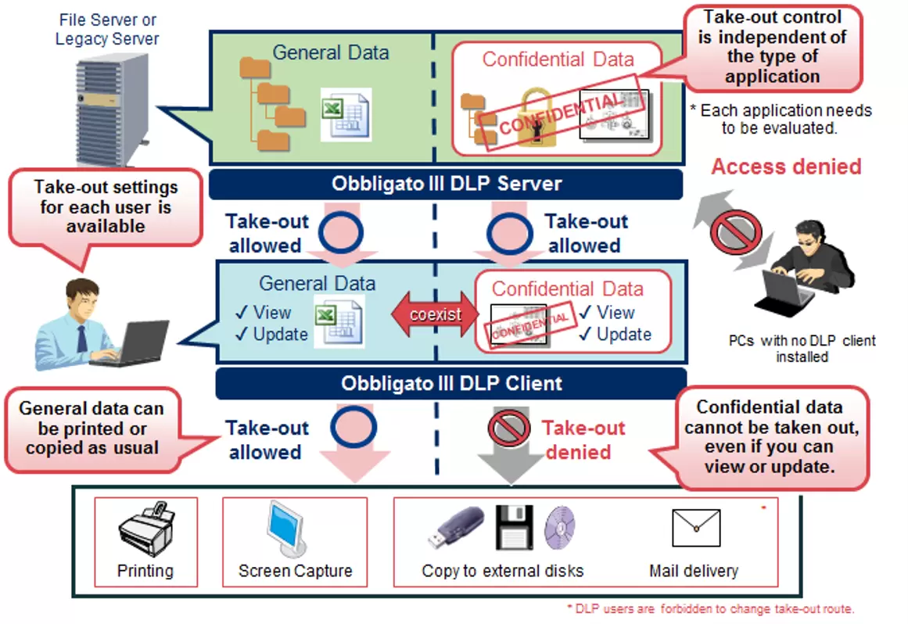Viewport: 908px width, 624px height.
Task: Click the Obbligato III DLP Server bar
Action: pyautogui.click(x=446, y=185)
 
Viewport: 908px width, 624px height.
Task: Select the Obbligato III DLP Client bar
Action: pyautogui.click(x=451, y=384)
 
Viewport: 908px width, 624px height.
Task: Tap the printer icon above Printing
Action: pyautogui.click(x=146, y=530)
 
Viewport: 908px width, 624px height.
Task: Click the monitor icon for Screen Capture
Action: pyautogui.click(x=290, y=529)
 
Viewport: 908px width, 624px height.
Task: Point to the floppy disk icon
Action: pyautogui.click(x=514, y=526)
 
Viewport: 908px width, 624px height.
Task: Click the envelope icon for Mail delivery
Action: pyautogui.click(x=696, y=529)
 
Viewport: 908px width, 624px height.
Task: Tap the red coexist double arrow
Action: pyautogui.click(x=436, y=315)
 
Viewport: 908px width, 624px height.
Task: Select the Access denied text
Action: pyautogui.click(x=786, y=167)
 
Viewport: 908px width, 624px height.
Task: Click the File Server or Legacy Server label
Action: pyautogui.click(x=107, y=29)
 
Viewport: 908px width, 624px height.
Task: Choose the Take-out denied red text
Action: pyautogui.click(x=583, y=439)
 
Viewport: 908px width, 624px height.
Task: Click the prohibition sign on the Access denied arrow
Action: pyautogui.click(x=736, y=230)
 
